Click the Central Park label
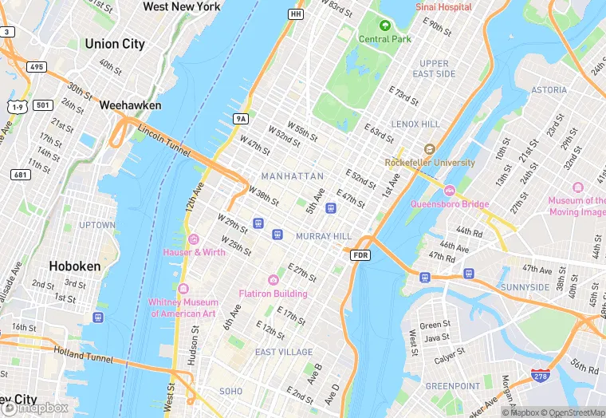pos(385,38)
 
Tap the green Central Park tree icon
pos(385,26)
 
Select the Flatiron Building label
pos(273,294)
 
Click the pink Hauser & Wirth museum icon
pos(193,239)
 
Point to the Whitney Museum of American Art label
pos(183,308)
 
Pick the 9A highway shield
pos(241,119)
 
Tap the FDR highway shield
pos(360,255)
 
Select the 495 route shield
pos(37,66)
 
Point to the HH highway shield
pos(296,14)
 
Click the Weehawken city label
pos(130,105)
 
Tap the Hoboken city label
pos(74,266)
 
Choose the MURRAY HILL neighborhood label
pos(323,237)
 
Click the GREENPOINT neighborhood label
pos(452,386)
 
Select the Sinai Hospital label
pos(443,6)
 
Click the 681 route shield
pos(20,174)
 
